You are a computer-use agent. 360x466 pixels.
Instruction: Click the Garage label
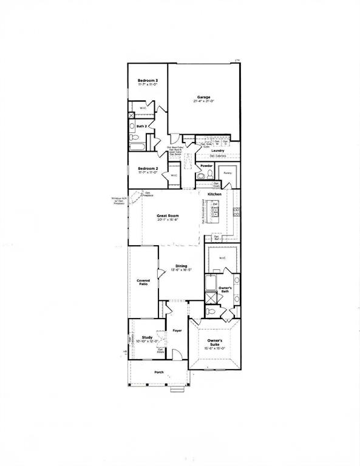pyautogui.click(x=203, y=96)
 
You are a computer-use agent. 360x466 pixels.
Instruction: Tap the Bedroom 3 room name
pyautogui.click(x=148, y=81)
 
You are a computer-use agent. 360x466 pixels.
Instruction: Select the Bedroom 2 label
pyautogui.click(x=148, y=168)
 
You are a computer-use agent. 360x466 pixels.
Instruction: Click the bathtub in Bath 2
pyautogui.click(x=136, y=146)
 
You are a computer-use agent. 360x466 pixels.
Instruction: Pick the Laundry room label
pyautogui.click(x=218, y=150)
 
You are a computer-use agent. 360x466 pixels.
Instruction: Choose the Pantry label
pyautogui.click(x=228, y=173)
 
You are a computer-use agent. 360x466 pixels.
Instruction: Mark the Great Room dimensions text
pyautogui.click(x=167, y=219)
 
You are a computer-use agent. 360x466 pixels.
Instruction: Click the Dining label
pyautogui.click(x=182, y=266)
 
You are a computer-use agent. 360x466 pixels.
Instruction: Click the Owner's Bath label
pyautogui.click(x=225, y=289)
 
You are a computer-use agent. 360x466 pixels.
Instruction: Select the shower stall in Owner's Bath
pyautogui.click(x=211, y=297)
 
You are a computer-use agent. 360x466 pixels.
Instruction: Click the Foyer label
pyautogui.click(x=177, y=331)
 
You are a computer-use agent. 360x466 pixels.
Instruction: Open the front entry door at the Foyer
pyautogui.click(x=174, y=354)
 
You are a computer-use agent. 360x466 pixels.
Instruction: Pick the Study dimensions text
pyautogui.click(x=147, y=341)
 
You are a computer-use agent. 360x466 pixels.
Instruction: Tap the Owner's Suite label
pyautogui.click(x=215, y=344)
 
